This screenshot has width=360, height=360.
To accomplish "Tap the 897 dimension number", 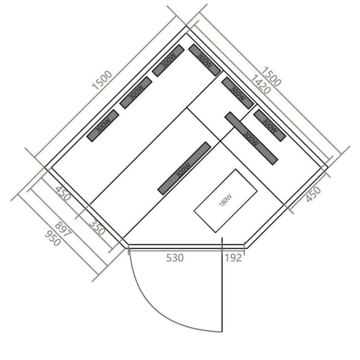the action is point(63,229).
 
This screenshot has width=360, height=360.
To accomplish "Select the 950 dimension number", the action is point(53,238).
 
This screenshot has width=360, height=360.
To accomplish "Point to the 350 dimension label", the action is point(97,228).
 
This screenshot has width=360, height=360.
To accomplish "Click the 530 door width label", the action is point(175,258).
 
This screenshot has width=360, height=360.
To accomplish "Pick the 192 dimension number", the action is point(233,258).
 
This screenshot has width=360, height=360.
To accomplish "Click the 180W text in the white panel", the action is point(225,200).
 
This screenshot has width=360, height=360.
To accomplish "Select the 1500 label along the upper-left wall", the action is point(102,80).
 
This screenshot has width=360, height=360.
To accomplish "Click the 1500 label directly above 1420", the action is point(271,77).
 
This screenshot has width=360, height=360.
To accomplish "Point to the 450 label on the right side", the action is point(313,194).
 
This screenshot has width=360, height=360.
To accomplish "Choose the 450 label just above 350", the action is point(63,193).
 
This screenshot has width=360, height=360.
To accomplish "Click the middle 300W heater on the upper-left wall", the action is point(136,93).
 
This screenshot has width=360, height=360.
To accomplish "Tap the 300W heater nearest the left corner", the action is point(103,126).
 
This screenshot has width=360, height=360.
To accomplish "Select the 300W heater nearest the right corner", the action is point(270,125).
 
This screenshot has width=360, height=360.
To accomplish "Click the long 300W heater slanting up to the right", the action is point(184,168).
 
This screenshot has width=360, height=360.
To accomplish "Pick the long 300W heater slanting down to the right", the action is point(251,138).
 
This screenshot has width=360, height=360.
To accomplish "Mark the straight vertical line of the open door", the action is point(222,285).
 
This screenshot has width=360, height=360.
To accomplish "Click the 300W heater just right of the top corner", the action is point(204,60).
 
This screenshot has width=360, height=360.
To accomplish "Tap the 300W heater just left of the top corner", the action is point(168,61).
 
